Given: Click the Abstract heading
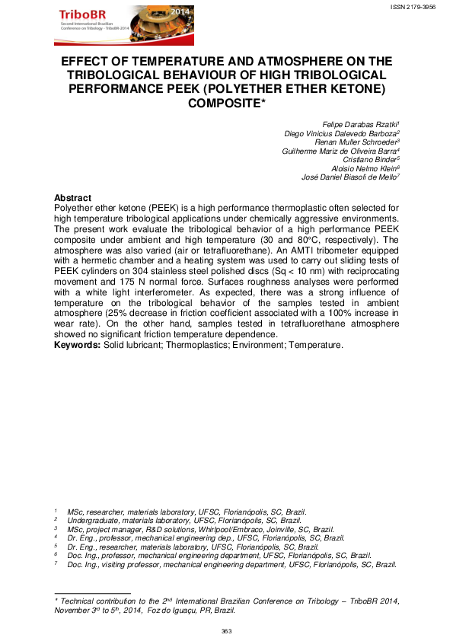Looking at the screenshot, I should click(x=73, y=198).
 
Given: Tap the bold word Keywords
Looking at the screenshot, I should click(x=77, y=345).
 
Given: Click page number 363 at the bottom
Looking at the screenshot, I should click(x=226, y=631).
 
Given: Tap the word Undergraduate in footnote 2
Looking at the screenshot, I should click(x=91, y=521).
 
